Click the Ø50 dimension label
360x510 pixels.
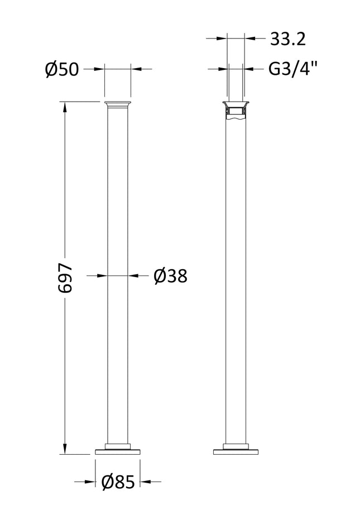[61, 69]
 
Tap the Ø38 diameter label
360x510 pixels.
[169, 275]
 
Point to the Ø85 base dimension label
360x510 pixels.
[118, 482]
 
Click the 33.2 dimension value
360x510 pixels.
[287, 39]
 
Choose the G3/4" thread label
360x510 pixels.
[292, 69]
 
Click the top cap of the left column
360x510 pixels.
[118, 104]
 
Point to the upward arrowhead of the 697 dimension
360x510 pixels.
[66, 106]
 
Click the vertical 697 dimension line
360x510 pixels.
[66, 196]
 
